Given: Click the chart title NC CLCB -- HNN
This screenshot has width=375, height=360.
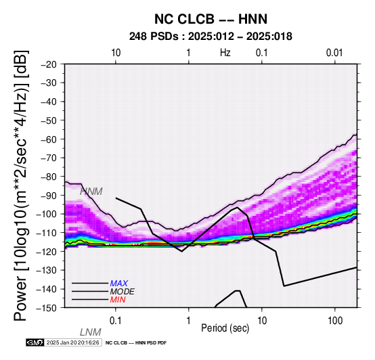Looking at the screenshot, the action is click(x=211, y=19).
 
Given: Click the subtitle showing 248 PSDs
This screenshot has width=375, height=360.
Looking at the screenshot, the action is click(x=211, y=37).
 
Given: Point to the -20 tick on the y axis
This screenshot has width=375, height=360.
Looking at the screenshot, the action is click(x=49, y=64).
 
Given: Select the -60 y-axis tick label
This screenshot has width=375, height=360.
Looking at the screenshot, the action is click(x=49, y=139).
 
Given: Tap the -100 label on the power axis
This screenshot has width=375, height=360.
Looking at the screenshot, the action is click(x=47, y=214).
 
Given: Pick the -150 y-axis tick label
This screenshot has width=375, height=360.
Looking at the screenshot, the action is click(x=47, y=308).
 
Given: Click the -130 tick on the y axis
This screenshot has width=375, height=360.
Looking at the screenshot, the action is click(x=47, y=270).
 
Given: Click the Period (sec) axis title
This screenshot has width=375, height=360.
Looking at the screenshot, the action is click(x=225, y=328).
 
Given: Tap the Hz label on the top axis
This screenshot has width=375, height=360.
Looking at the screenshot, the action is click(x=225, y=53).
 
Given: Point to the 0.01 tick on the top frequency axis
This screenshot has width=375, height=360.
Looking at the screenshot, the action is click(x=334, y=53).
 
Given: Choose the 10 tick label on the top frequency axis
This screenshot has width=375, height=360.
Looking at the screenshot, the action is click(x=116, y=53).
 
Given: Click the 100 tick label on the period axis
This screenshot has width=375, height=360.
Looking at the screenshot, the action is click(x=335, y=321).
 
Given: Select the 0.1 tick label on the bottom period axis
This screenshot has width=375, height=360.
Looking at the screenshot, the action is click(x=116, y=321).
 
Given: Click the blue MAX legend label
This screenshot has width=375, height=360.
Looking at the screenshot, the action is click(x=119, y=284).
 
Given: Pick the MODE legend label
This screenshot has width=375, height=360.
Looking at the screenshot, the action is click(x=123, y=292).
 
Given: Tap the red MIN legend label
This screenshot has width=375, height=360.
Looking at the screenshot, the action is click(x=118, y=300).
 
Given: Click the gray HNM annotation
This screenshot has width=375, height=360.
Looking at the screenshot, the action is click(x=91, y=192).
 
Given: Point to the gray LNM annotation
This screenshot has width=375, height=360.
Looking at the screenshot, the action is click(x=91, y=332).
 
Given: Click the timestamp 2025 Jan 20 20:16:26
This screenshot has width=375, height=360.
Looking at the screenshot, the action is click(x=72, y=342).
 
